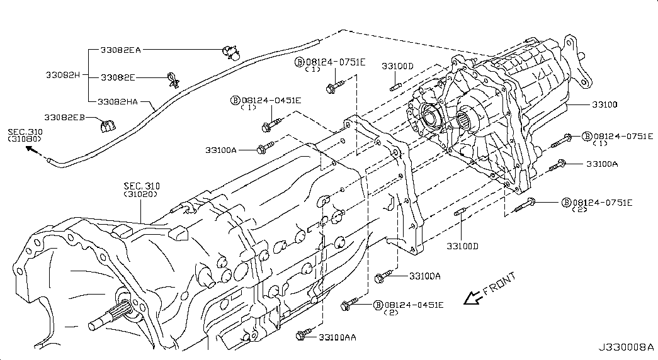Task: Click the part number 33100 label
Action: pyautogui.click(x=604, y=104)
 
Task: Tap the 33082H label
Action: pyautogui.click(x=62, y=75)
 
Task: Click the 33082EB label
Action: pyautogui.click(x=64, y=118)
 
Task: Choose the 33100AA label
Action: pyautogui.click(x=337, y=337)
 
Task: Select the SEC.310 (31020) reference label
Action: pyautogui.click(x=141, y=190)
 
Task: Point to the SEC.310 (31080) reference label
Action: pyautogui.click(x=25, y=136)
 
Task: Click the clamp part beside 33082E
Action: pyautogui.click(x=172, y=79)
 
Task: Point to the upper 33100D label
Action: pyautogui.click(x=397, y=66)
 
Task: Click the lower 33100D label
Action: pyautogui.click(x=463, y=245)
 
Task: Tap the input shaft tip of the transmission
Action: pyautogui.click(x=94, y=325)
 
